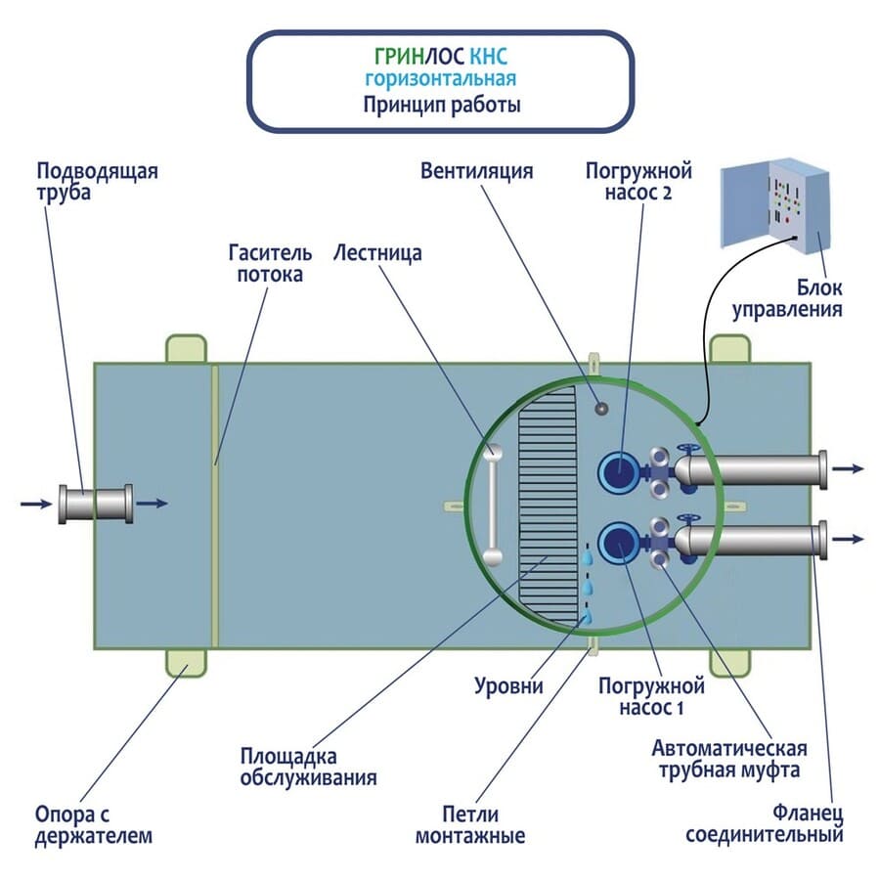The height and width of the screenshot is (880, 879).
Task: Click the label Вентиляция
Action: [476, 171]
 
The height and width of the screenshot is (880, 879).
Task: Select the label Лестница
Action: [377, 253]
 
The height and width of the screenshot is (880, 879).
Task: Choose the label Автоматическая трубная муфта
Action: [729, 759]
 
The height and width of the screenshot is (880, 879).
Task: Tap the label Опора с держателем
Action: [94, 824]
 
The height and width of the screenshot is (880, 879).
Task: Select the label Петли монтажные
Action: [470, 824]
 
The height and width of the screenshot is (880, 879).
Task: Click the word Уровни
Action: [508, 685]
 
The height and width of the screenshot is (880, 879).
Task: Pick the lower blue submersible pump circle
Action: [617, 543]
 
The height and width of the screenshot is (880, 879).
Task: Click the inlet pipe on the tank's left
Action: [95, 504]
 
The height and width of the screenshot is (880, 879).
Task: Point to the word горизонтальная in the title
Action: [439, 78]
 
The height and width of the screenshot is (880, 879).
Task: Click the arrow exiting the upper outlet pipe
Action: [851, 468]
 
